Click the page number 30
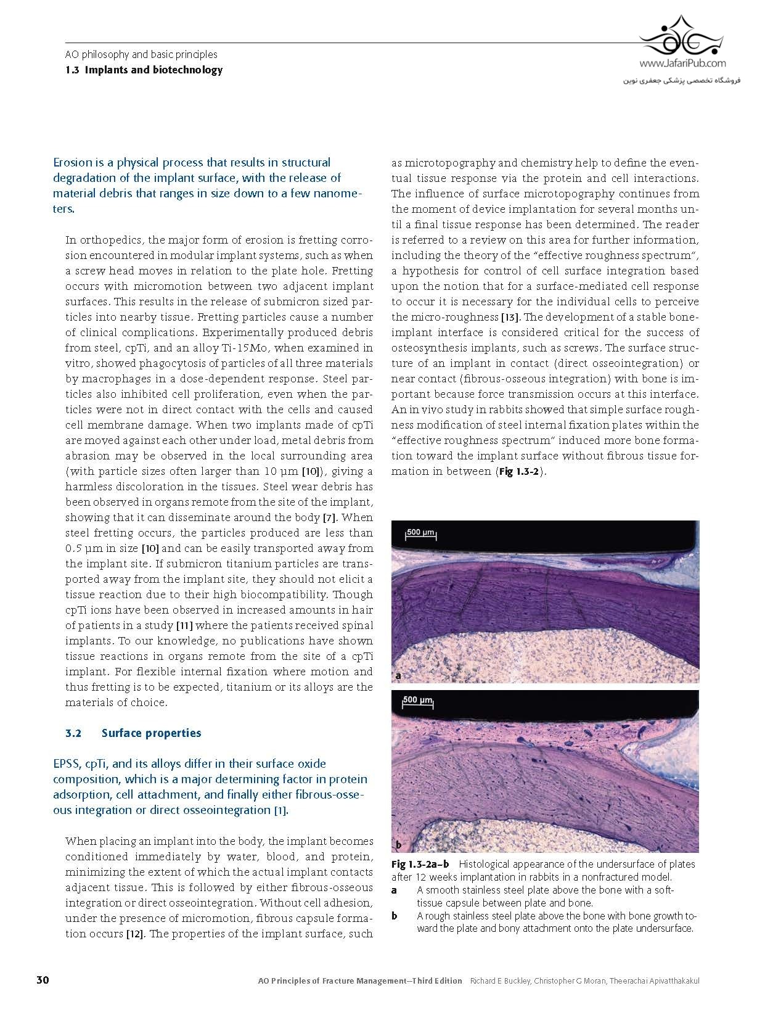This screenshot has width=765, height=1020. (x=43, y=980)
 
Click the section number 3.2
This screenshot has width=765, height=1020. (x=73, y=733)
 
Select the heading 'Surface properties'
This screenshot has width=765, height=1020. (x=151, y=733)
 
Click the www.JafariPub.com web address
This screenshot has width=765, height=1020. (x=682, y=63)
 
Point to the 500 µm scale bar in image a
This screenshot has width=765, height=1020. (x=420, y=533)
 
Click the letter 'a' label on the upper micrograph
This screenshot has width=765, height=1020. (x=398, y=675)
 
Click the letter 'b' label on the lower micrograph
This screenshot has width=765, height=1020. (x=398, y=845)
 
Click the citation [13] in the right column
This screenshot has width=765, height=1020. (x=511, y=317)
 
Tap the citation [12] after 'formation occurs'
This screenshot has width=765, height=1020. (x=135, y=934)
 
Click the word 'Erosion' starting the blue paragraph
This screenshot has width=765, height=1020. (x=75, y=163)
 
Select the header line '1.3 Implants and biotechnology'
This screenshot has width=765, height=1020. (x=144, y=70)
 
